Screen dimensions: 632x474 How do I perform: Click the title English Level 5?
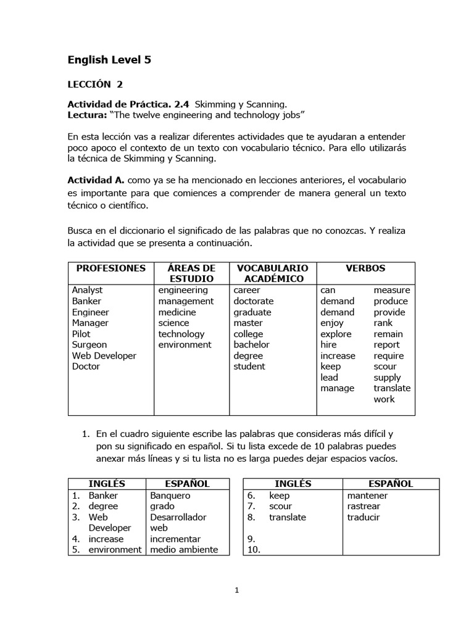coord(109,60)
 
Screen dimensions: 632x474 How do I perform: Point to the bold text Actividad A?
coord(96,180)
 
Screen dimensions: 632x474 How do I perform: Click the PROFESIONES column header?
coord(110,268)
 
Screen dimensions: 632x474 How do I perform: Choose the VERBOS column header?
coord(365,268)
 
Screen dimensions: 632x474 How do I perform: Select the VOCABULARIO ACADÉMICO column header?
coord(268,273)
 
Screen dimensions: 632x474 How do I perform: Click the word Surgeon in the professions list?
coord(89,344)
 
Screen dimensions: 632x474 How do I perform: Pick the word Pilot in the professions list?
coord(81,334)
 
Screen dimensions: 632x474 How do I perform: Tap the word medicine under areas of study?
coord(177,312)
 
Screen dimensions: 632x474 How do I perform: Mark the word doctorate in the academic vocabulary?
coord(253,301)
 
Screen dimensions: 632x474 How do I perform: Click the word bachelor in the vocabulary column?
coord(251,344)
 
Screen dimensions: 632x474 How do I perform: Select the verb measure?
coord(391,290)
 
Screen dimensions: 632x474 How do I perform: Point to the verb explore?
coord(336,334)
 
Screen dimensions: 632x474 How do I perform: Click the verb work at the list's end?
coord(384,399)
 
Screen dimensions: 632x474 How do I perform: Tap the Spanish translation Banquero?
coord(170,495)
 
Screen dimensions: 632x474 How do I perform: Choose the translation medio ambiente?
coord(183,549)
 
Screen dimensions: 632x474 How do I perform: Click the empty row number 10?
coord(254,549)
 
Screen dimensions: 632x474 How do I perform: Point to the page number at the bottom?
coord(236,590)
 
